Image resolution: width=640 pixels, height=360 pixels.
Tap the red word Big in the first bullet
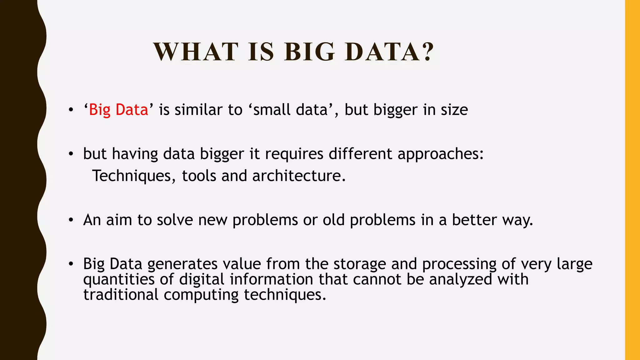point(100,110)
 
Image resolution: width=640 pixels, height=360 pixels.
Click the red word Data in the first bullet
point(132,110)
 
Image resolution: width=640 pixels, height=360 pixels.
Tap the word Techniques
point(132,176)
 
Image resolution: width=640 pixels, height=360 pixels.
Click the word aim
point(119,220)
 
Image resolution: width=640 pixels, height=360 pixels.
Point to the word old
point(333,220)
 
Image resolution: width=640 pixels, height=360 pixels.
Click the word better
point(474,220)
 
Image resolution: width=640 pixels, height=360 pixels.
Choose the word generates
point(182,264)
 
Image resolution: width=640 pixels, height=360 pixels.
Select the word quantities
point(119,279)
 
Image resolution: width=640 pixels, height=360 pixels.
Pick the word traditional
point(121,295)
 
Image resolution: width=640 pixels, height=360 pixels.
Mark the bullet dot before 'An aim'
point(71,220)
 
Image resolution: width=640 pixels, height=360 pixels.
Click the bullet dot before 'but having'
point(71,154)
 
